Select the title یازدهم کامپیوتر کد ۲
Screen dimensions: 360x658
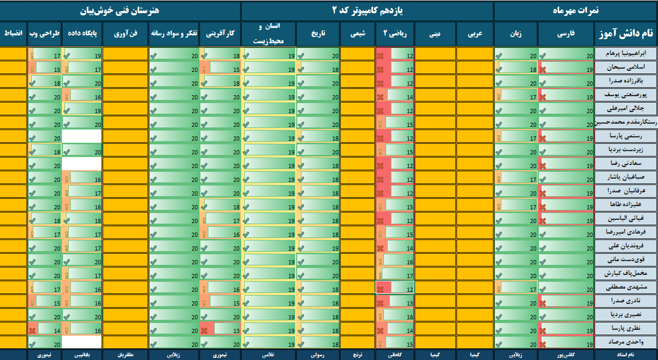(x=367, y=11)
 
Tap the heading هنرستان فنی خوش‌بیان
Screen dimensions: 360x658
(x=120, y=11)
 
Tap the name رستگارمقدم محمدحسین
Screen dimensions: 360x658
(x=626, y=122)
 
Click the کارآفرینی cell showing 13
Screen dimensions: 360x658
(x=221, y=328)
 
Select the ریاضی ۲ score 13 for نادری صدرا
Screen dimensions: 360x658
(x=395, y=301)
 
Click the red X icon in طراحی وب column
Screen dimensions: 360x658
(x=33, y=329)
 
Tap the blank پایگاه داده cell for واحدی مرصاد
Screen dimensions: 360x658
(x=82, y=342)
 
